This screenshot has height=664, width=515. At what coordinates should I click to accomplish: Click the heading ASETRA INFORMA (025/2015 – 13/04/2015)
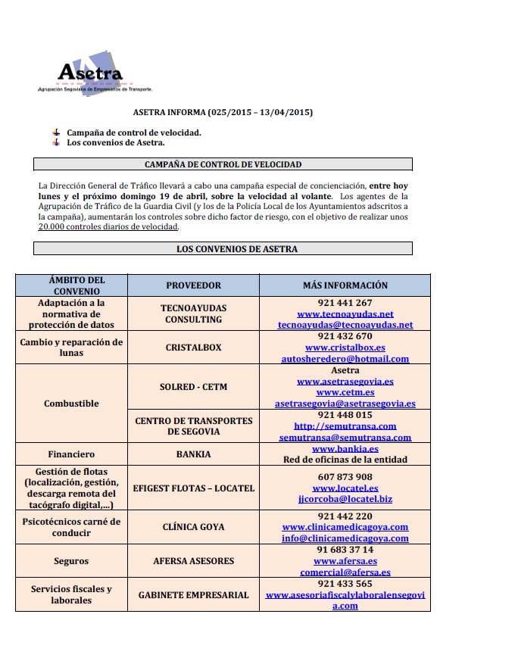223,113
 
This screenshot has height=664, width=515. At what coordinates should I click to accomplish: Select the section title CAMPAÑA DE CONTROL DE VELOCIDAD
223,164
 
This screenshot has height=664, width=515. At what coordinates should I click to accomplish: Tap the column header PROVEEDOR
193,285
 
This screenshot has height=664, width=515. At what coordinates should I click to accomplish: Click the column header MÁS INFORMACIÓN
345,285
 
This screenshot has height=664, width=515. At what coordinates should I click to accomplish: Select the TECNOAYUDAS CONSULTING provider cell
193,313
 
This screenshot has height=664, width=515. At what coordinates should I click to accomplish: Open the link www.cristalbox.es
345,348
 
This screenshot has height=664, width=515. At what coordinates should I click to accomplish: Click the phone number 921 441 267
345,303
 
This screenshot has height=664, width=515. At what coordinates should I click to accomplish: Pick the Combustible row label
71,404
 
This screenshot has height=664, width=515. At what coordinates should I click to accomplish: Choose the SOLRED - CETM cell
193,387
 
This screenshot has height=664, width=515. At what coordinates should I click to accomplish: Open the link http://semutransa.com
345,426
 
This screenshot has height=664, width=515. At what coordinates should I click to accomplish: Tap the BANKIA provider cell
193,454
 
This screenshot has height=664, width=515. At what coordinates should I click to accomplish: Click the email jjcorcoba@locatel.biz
345,500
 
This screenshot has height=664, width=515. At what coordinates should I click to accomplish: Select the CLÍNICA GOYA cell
193,527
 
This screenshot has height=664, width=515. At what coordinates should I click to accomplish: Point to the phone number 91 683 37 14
345,550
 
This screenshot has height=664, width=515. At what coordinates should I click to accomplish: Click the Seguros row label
71,561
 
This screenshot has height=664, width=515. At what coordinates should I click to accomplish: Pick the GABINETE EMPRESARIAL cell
193,595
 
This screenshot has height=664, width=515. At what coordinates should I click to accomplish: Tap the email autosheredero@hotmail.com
345,359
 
